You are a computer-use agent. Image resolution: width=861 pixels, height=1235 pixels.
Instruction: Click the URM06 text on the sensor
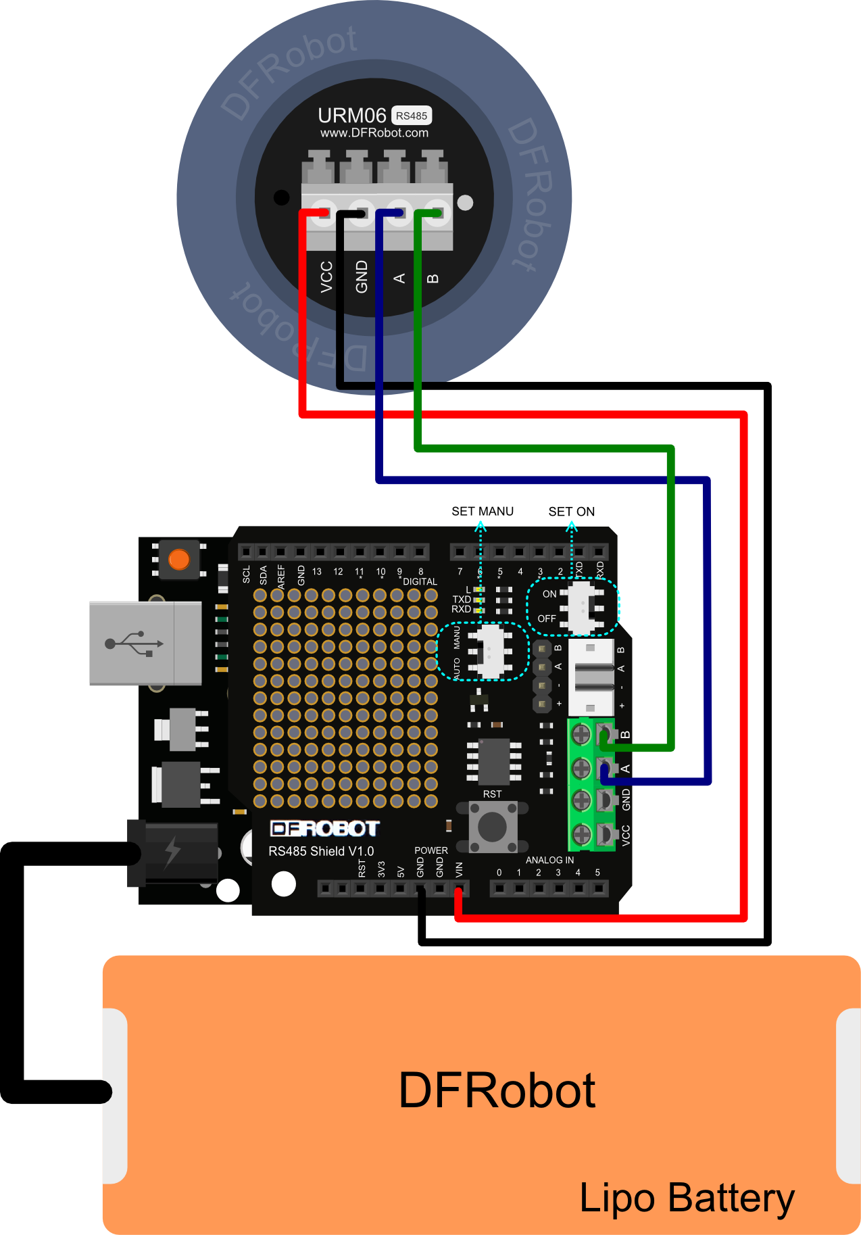click(351, 116)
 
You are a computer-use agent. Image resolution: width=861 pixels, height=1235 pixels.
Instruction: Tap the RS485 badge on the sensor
click(412, 116)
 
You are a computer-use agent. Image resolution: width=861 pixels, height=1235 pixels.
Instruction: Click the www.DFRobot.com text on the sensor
click(374, 133)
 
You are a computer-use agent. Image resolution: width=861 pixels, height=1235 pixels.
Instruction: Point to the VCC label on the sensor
click(326, 276)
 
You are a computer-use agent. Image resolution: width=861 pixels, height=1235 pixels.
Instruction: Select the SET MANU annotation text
click(483, 512)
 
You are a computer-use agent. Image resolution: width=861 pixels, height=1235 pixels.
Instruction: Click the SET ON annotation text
click(572, 512)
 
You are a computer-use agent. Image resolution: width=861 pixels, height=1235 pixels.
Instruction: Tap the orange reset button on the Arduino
click(179, 560)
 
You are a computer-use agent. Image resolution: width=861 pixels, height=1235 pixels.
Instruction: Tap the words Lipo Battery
click(687, 1198)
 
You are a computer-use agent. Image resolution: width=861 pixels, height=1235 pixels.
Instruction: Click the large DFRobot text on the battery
click(497, 1091)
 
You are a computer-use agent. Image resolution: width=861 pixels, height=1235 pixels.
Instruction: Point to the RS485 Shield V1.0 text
click(321, 851)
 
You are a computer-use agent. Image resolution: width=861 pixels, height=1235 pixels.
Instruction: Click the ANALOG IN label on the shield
click(549, 860)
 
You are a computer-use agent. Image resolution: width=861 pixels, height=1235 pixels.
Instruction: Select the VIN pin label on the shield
click(460, 869)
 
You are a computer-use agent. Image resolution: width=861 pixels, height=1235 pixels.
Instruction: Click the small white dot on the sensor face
click(465, 202)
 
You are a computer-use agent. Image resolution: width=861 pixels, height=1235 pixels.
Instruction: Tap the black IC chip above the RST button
click(494, 761)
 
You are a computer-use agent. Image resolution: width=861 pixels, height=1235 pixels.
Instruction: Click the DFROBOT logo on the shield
click(324, 829)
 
